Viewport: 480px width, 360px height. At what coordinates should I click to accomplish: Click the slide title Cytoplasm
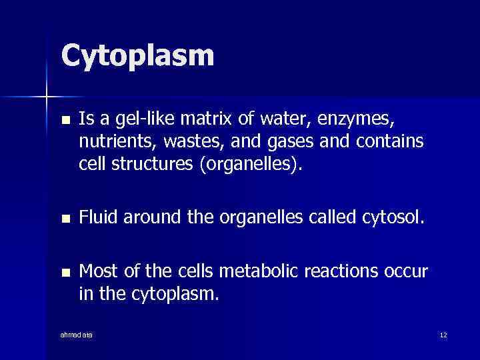pos(137,56)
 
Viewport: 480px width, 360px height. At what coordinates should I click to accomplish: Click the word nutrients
pos(110,142)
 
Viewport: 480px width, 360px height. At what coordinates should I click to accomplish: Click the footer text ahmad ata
pos(76,334)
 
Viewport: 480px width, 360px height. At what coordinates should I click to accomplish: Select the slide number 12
pos(443,335)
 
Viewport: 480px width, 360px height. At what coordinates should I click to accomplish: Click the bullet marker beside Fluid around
pos(65,218)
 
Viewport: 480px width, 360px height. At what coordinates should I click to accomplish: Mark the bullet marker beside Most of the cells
pos(65,273)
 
